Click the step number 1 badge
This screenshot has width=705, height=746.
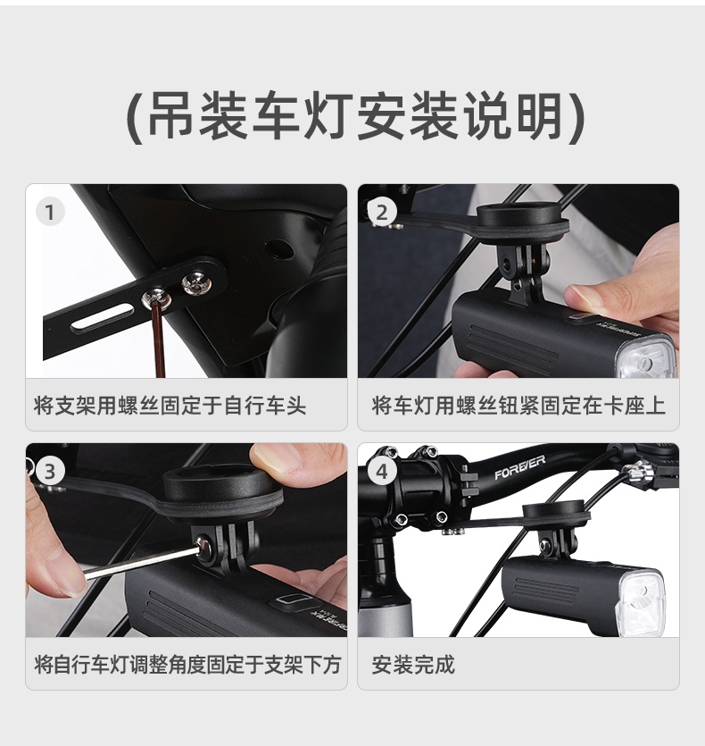[x=50, y=213]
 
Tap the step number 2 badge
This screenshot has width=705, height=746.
[x=382, y=213]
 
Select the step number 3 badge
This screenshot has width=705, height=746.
[x=50, y=471]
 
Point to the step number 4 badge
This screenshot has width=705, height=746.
[x=382, y=471]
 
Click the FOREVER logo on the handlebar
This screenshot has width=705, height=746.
[x=519, y=467]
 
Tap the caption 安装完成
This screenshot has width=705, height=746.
[x=413, y=664]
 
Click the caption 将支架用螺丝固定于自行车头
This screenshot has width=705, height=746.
[x=170, y=406]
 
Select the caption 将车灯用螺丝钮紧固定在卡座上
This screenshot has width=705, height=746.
[x=518, y=406]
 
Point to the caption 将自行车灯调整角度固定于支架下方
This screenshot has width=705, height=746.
[x=187, y=664]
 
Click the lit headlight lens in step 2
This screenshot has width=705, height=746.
[x=647, y=356]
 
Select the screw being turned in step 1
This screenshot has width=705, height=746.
[x=157, y=298]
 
